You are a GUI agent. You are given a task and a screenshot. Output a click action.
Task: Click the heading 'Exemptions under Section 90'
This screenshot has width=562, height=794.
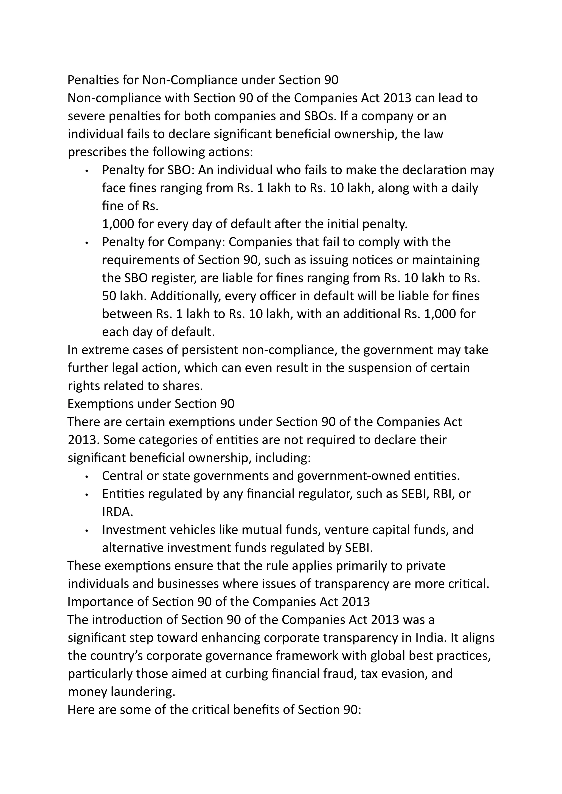(x=151, y=404)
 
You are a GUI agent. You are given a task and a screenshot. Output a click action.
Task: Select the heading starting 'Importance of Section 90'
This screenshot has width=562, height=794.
(x=219, y=602)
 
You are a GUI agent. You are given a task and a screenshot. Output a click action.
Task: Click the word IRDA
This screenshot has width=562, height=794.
(x=117, y=512)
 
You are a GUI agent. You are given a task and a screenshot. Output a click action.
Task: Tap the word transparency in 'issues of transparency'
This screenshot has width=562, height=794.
(x=352, y=584)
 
